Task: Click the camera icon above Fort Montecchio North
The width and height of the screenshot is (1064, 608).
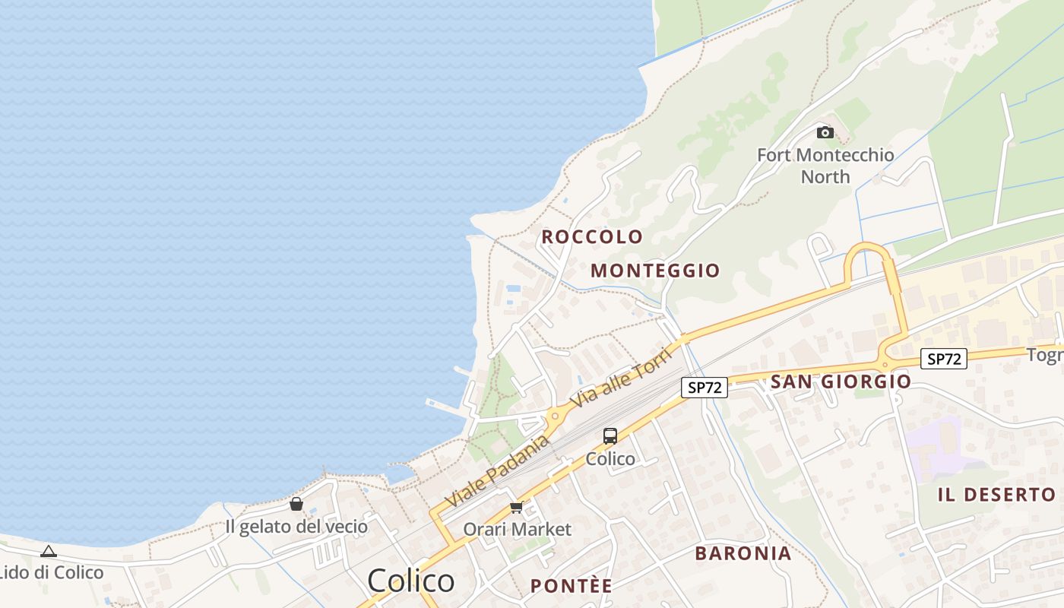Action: click(x=825, y=133)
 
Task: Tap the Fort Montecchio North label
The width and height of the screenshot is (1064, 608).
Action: click(x=825, y=166)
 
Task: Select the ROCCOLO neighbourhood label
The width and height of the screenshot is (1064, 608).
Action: click(x=592, y=236)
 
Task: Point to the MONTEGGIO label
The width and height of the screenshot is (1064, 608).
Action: click(x=655, y=271)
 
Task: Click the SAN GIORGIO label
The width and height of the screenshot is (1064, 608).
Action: click(x=841, y=382)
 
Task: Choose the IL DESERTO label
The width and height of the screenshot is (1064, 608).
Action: click(x=996, y=495)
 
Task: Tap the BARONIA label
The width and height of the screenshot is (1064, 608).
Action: click(x=743, y=553)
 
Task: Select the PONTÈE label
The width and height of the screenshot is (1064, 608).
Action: click(x=571, y=586)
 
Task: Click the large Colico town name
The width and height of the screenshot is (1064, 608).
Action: click(x=411, y=581)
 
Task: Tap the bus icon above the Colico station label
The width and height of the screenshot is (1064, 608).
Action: click(x=610, y=436)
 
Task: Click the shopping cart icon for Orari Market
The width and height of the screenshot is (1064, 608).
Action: click(x=517, y=507)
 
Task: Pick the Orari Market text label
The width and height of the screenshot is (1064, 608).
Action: click(x=518, y=529)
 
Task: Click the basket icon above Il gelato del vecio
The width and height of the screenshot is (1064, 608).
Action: click(x=296, y=504)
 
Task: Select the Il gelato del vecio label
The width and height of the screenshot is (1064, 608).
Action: click(x=296, y=526)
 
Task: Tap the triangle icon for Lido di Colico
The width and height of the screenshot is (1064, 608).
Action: click(x=49, y=551)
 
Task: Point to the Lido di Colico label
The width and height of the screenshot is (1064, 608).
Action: click(x=52, y=572)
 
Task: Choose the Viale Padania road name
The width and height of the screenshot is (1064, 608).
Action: click(x=498, y=471)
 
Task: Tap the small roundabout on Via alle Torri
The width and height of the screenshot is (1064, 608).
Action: click(x=556, y=416)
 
